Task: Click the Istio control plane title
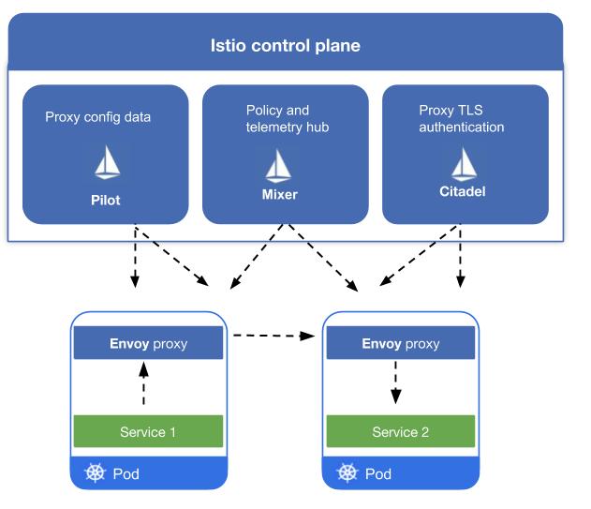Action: tap(284, 46)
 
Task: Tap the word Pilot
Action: tap(106, 200)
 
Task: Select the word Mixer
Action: tap(278, 197)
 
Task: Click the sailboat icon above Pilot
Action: tap(107, 164)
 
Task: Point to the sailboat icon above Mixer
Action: tap(278, 164)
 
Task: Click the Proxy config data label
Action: tap(97, 117)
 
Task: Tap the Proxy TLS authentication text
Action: tap(461, 118)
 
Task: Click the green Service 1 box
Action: tap(148, 432)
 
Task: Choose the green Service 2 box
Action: tap(400, 432)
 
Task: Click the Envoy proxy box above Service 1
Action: tap(148, 344)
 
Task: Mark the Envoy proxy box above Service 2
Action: tap(400, 344)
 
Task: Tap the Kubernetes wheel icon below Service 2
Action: tap(347, 473)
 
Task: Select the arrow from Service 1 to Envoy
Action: tap(143, 384)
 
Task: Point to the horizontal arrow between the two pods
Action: tap(273, 334)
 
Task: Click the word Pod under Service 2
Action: tap(377, 473)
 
